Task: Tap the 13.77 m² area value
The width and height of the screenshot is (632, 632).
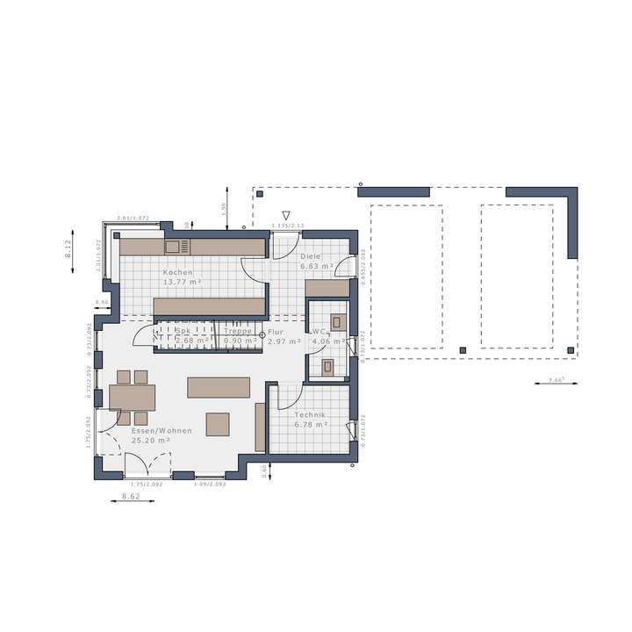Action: (x=181, y=283)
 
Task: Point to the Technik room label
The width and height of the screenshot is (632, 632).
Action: (x=312, y=414)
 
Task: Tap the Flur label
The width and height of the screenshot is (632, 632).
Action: (x=276, y=332)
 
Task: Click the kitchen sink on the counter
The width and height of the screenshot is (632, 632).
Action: (x=172, y=247)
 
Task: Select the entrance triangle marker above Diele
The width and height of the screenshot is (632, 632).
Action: (x=285, y=215)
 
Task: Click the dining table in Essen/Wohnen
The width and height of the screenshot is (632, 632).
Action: (x=132, y=397)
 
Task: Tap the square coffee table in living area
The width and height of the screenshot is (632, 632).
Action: (x=218, y=424)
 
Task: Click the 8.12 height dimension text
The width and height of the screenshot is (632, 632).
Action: (x=68, y=248)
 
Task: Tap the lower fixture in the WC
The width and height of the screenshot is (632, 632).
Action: (x=328, y=366)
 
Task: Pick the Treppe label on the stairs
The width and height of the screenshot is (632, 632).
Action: (x=238, y=332)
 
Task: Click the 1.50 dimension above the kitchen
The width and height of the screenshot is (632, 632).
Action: (x=224, y=208)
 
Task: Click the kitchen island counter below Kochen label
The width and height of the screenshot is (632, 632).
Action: (x=210, y=305)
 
